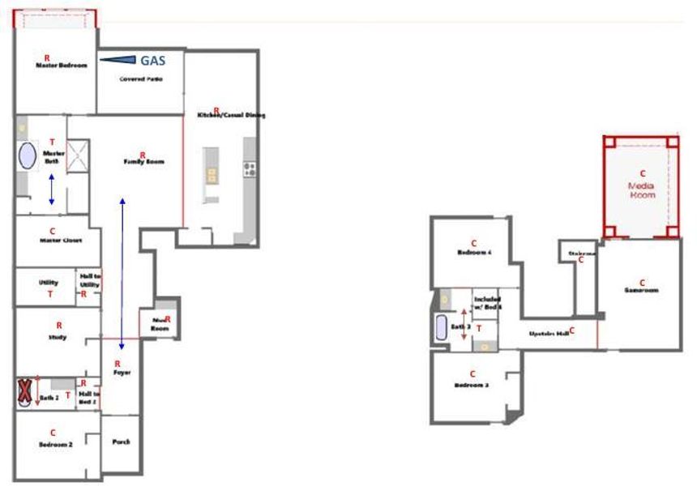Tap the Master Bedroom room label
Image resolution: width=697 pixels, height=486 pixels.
(61, 66)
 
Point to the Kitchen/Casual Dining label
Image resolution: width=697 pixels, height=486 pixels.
(231, 115)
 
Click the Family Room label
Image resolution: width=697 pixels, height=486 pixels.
(143, 162)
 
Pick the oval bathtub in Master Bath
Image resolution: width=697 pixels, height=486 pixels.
(28, 156)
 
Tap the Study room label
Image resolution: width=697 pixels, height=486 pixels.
(58, 335)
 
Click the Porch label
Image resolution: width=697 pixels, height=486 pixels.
(120, 441)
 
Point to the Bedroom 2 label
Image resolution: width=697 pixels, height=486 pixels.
(56, 445)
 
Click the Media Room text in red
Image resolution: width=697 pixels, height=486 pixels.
(641, 190)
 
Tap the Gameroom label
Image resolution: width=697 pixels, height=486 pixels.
(640, 290)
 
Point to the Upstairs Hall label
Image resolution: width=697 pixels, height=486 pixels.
(549, 333)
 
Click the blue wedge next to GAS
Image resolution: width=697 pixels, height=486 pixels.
(118, 59)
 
